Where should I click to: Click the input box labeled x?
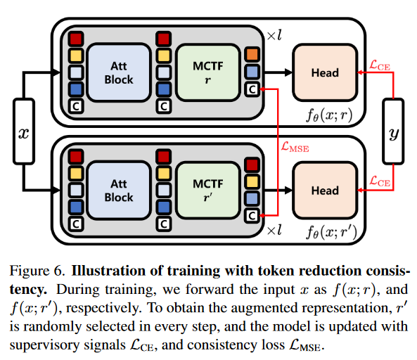(x=23, y=131)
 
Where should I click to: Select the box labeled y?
(x=393, y=131)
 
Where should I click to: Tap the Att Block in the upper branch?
(x=119, y=72)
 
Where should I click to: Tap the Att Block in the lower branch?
(x=119, y=191)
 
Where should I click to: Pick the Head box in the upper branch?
(x=324, y=72)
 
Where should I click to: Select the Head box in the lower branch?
(x=324, y=191)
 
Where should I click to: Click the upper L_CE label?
(x=380, y=65)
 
